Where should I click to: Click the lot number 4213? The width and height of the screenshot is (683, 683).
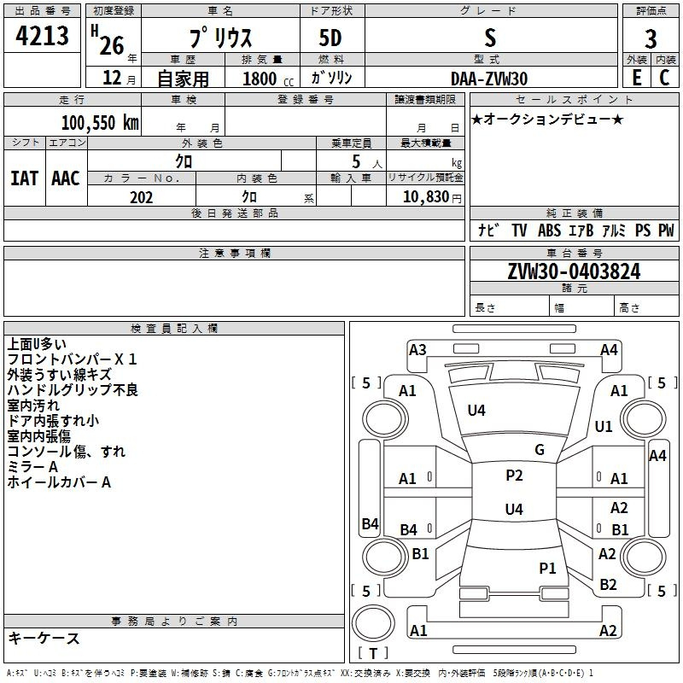point(42,36)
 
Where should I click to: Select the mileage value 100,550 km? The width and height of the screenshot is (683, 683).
point(100,122)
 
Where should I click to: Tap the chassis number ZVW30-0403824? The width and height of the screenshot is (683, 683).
point(574,271)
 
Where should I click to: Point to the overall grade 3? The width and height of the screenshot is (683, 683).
point(651,38)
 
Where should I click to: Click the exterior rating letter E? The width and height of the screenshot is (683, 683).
point(636,78)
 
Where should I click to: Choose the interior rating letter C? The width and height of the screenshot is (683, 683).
point(664,78)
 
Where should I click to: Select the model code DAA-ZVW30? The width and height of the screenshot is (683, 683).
point(489,79)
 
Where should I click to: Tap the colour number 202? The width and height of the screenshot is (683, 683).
point(141,197)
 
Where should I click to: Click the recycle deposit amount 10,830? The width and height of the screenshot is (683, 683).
point(426,197)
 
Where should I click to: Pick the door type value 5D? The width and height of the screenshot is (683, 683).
point(330,38)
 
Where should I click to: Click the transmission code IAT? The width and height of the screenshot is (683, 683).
point(25,178)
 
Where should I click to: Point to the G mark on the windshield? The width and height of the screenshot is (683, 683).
point(540,450)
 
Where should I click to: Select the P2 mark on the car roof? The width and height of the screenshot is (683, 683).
point(514,476)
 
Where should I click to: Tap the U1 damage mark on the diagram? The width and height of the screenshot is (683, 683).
point(604,426)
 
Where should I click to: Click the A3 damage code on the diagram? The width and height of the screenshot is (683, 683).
point(417,350)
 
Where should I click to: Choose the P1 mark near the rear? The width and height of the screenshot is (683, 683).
point(547,568)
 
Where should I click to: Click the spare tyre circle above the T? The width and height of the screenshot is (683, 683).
point(373,623)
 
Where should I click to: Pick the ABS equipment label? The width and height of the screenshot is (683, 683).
point(549,231)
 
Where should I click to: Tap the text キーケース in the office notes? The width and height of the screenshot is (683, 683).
point(44,638)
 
